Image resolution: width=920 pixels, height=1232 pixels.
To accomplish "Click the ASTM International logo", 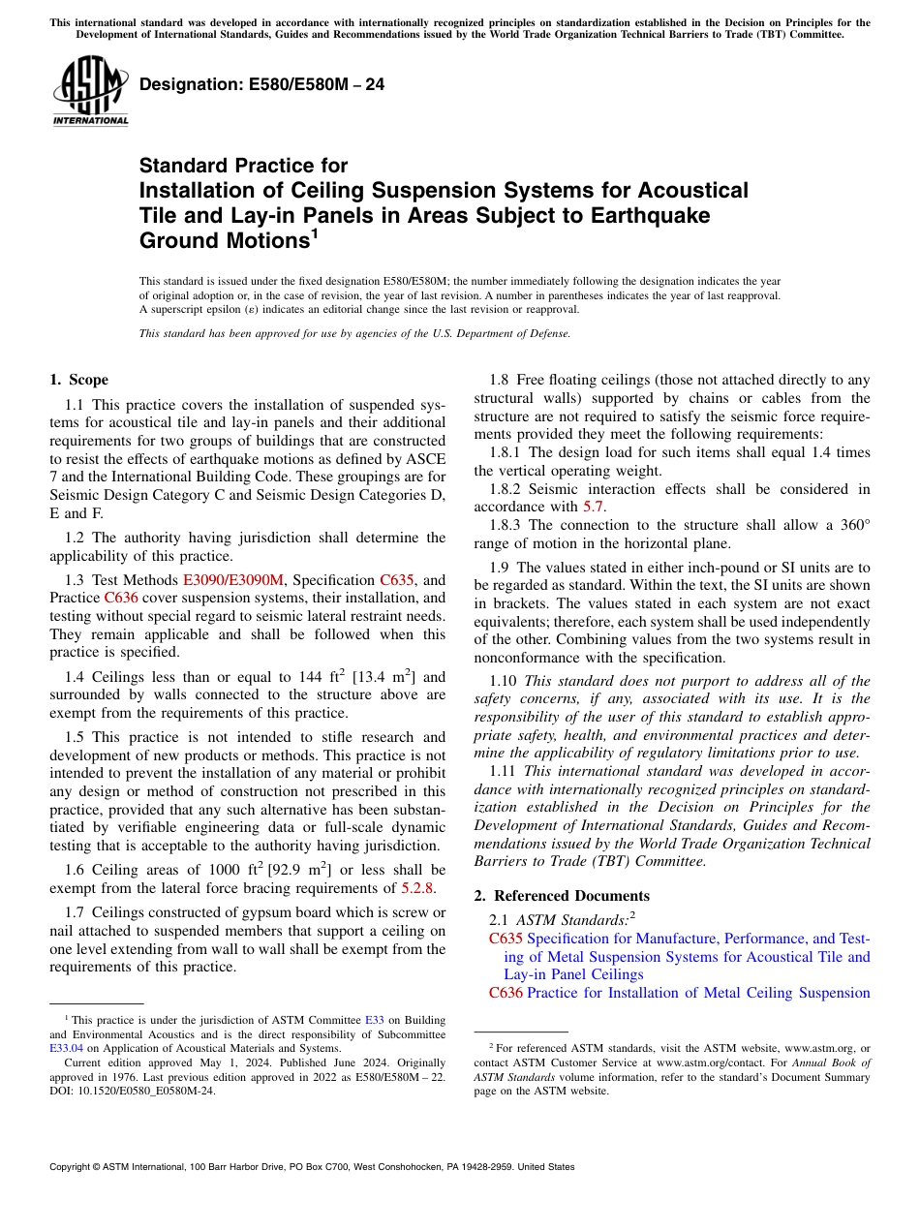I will click(x=90, y=91).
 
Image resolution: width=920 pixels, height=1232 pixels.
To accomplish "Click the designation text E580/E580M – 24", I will click(x=261, y=85).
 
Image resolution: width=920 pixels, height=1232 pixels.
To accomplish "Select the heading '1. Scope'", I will click(x=78, y=380).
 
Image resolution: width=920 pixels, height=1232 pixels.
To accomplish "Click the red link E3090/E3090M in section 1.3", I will click(x=233, y=579).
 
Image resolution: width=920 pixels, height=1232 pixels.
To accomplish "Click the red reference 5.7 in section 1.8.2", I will click(x=594, y=507).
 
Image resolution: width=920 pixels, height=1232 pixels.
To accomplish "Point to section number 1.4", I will click(x=75, y=677).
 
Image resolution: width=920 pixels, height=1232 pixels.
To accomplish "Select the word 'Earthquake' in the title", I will click(x=650, y=215).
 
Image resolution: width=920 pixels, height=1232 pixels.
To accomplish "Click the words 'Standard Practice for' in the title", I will click(x=243, y=166).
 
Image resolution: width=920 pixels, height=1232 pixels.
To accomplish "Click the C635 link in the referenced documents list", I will click(x=506, y=938).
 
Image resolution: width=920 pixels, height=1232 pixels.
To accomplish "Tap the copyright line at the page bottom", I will click(x=312, y=1167).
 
